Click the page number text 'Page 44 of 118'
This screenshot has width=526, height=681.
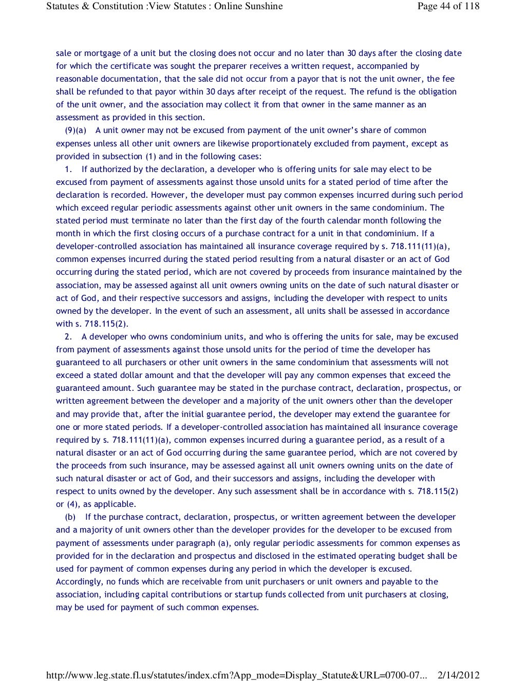point(448,6)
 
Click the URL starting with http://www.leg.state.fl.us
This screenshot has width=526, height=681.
point(236,675)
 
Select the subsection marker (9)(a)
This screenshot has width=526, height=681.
point(75,130)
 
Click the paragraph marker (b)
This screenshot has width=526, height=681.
point(70,517)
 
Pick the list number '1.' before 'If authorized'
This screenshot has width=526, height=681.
point(68,169)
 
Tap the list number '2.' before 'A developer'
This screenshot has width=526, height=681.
point(68,337)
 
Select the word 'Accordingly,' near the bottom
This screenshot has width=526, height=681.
point(79,582)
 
